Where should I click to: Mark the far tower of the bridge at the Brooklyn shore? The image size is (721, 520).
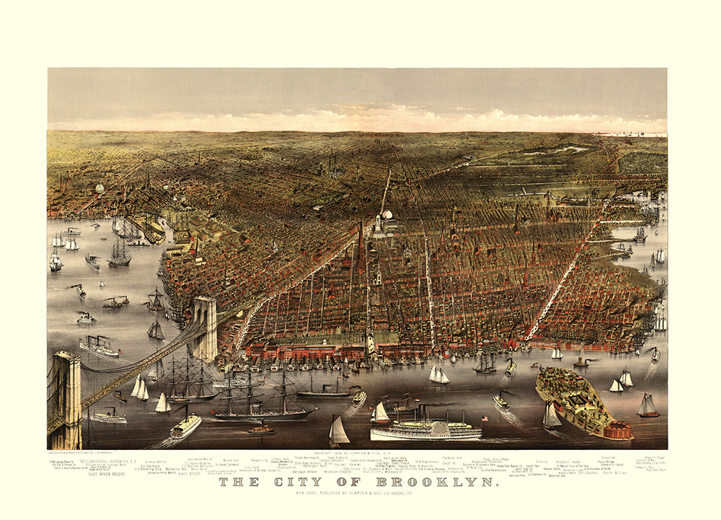[x=205, y=328]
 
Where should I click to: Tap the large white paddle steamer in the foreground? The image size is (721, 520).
[x=425, y=430]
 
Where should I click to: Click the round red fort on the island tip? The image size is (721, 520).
[x=619, y=431]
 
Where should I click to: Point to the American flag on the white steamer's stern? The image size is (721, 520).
[x=484, y=419]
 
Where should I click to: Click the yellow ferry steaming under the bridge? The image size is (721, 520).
[x=185, y=426]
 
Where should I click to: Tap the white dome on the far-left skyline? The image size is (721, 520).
[x=99, y=188]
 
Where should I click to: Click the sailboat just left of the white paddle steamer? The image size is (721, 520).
[x=339, y=432]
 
